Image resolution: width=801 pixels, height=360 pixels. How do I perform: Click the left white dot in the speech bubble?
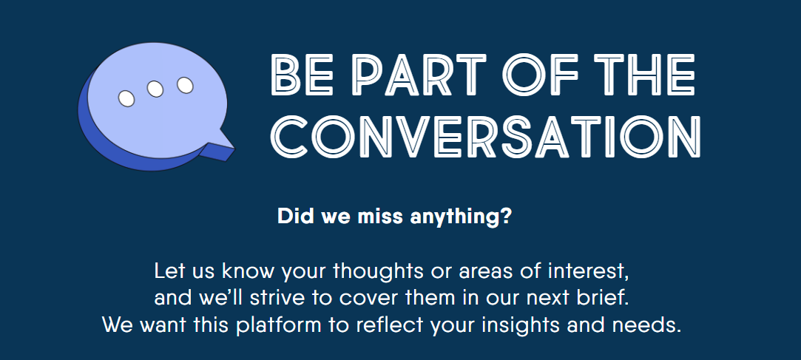pos(126,98)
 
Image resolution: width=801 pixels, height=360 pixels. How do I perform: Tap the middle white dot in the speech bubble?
pos(155,89)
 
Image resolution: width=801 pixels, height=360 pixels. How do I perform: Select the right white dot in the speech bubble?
pos(185,85)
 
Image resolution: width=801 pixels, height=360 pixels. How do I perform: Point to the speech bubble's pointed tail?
pos(220,148)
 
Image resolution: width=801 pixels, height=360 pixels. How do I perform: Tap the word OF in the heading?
pos(541,75)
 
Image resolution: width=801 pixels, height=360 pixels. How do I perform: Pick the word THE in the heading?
pos(646,75)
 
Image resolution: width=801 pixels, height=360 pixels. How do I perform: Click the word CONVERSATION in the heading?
pos(485,136)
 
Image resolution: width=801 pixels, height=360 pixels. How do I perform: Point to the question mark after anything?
pos(505,217)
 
